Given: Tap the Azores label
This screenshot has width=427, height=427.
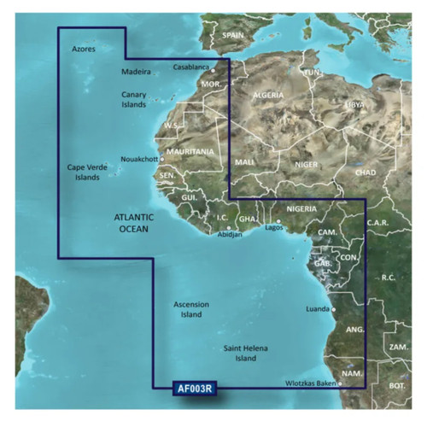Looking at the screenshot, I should (85, 50).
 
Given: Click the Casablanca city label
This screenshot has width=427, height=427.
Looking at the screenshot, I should (190, 66).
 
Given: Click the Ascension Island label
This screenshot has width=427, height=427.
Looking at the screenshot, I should (191, 309).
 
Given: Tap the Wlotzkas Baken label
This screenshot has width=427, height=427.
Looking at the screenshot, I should (311, 384).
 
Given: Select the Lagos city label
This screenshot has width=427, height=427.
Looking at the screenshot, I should (274, 227).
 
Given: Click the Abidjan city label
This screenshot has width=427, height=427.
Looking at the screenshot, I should (230, 234).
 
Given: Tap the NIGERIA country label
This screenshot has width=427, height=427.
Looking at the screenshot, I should (301, 208).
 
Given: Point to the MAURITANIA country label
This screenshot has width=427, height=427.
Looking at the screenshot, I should (190, 151).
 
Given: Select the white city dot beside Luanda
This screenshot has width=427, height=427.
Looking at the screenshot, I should (333, 310).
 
